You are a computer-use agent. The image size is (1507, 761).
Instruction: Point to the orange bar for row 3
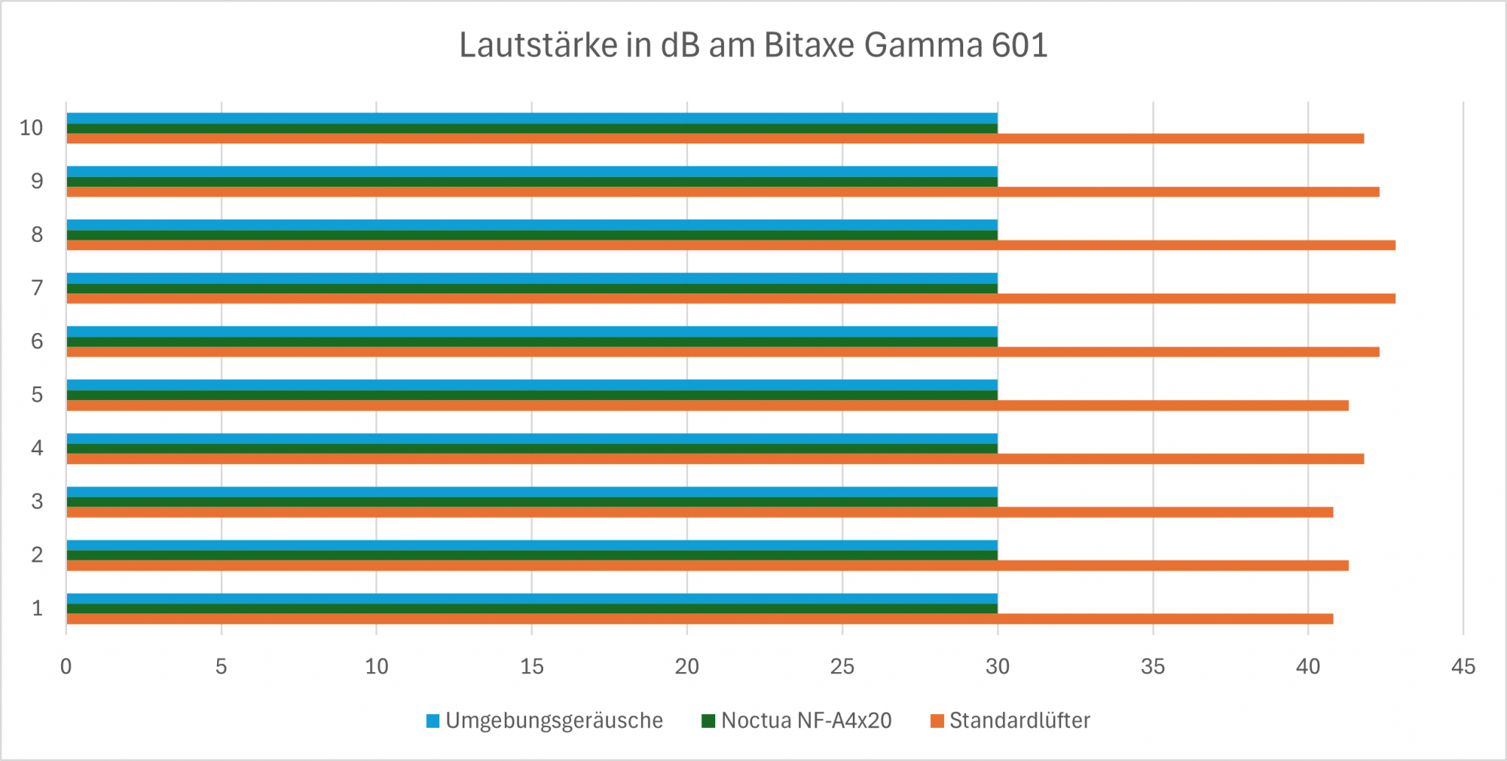[700, 512]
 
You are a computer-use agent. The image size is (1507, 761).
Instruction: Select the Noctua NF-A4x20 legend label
[806, 721]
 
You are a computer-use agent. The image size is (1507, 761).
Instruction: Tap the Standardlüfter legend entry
[1019, 721]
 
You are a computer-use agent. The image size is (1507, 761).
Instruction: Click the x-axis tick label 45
[1463, 667]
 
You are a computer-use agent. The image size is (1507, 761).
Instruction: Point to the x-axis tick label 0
[66, 667]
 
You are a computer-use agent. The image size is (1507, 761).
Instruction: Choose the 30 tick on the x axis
[997, 667]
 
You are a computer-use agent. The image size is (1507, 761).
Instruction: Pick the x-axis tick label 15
[532, 667]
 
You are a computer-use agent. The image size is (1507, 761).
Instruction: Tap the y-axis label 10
[32, 128]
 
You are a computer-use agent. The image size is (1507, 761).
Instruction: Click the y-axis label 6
[37, 342]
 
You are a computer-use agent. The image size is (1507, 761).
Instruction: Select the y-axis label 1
[37, 609]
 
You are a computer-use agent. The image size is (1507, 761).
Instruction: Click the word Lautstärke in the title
[538, 46]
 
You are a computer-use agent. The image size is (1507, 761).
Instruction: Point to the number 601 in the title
[1019, 46]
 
